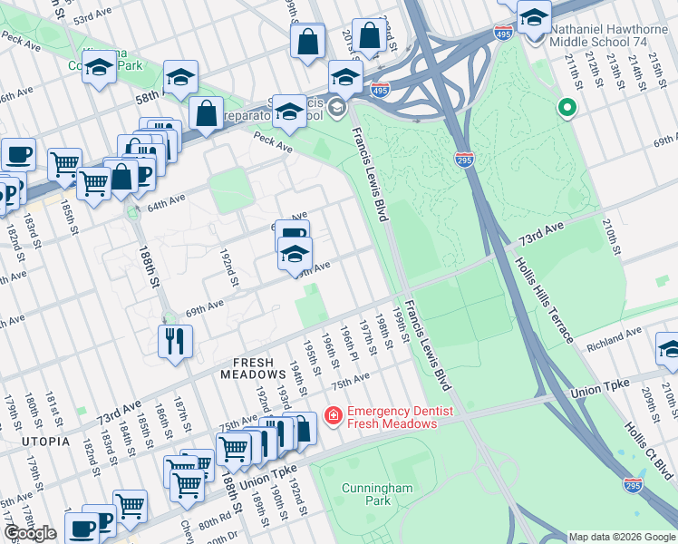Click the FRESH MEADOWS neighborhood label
(x=253, y=374)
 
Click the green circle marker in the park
(x=567, y=109)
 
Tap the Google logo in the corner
(x=30, y=534)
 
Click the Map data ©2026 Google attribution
(x=622, y=537)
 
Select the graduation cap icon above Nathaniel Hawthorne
(x=535, y=16)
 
